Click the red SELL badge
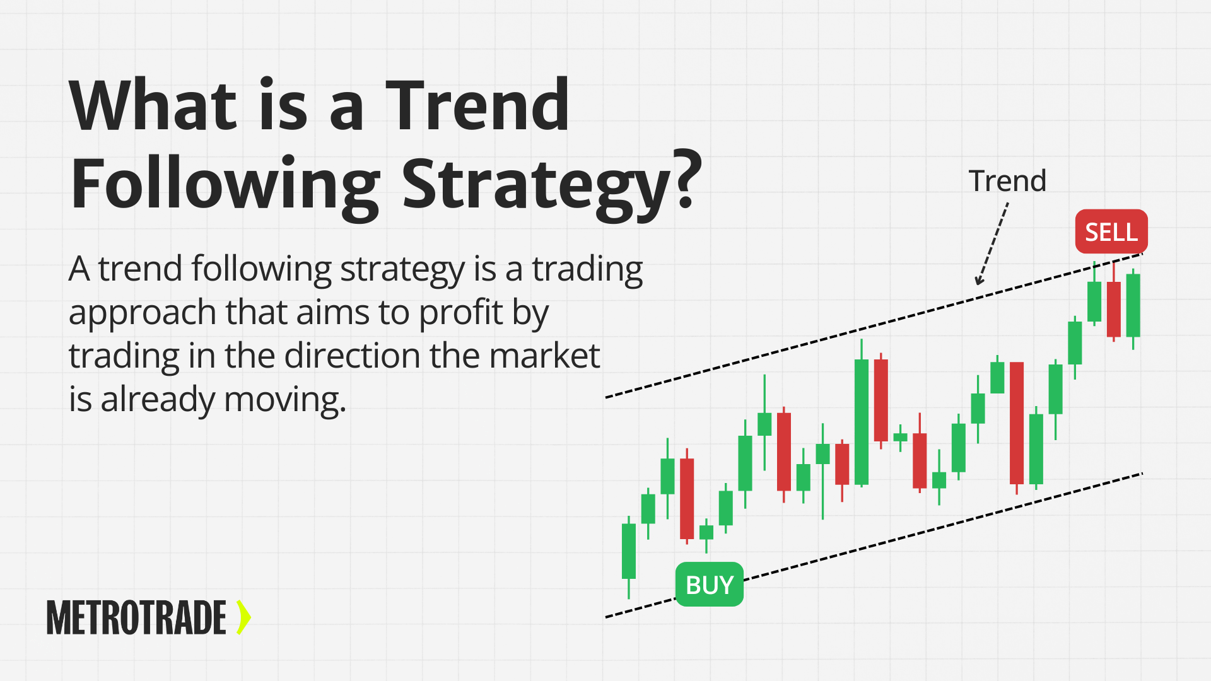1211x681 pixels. tap(1111, 232)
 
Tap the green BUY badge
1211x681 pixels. tap(710, 585)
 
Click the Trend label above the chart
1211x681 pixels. tap(1007, 181)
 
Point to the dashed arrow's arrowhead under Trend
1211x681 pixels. tap(978, 281)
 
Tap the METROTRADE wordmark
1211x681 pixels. tap(136, 617)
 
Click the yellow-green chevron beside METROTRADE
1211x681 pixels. tap(243, 617)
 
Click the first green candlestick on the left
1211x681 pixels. tap(628, 550)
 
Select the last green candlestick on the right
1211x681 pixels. tap(1133, 306)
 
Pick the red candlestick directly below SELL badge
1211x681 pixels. tap(1114, 309)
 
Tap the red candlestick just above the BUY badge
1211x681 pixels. tap(687, 498)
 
